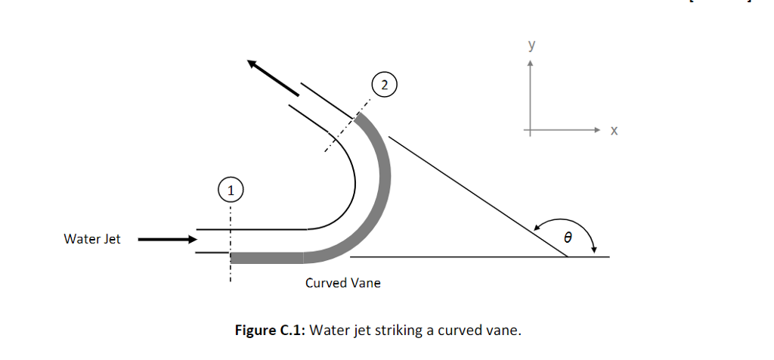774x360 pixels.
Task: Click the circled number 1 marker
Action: pos(231,189)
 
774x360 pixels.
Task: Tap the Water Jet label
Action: pos(92,239)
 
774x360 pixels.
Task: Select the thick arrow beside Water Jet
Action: pos(166,240)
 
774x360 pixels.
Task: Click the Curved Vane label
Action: pos(343,283)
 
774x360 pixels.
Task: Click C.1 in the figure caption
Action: pos(290,331)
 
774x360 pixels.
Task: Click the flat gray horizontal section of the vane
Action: pos(268,258)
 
